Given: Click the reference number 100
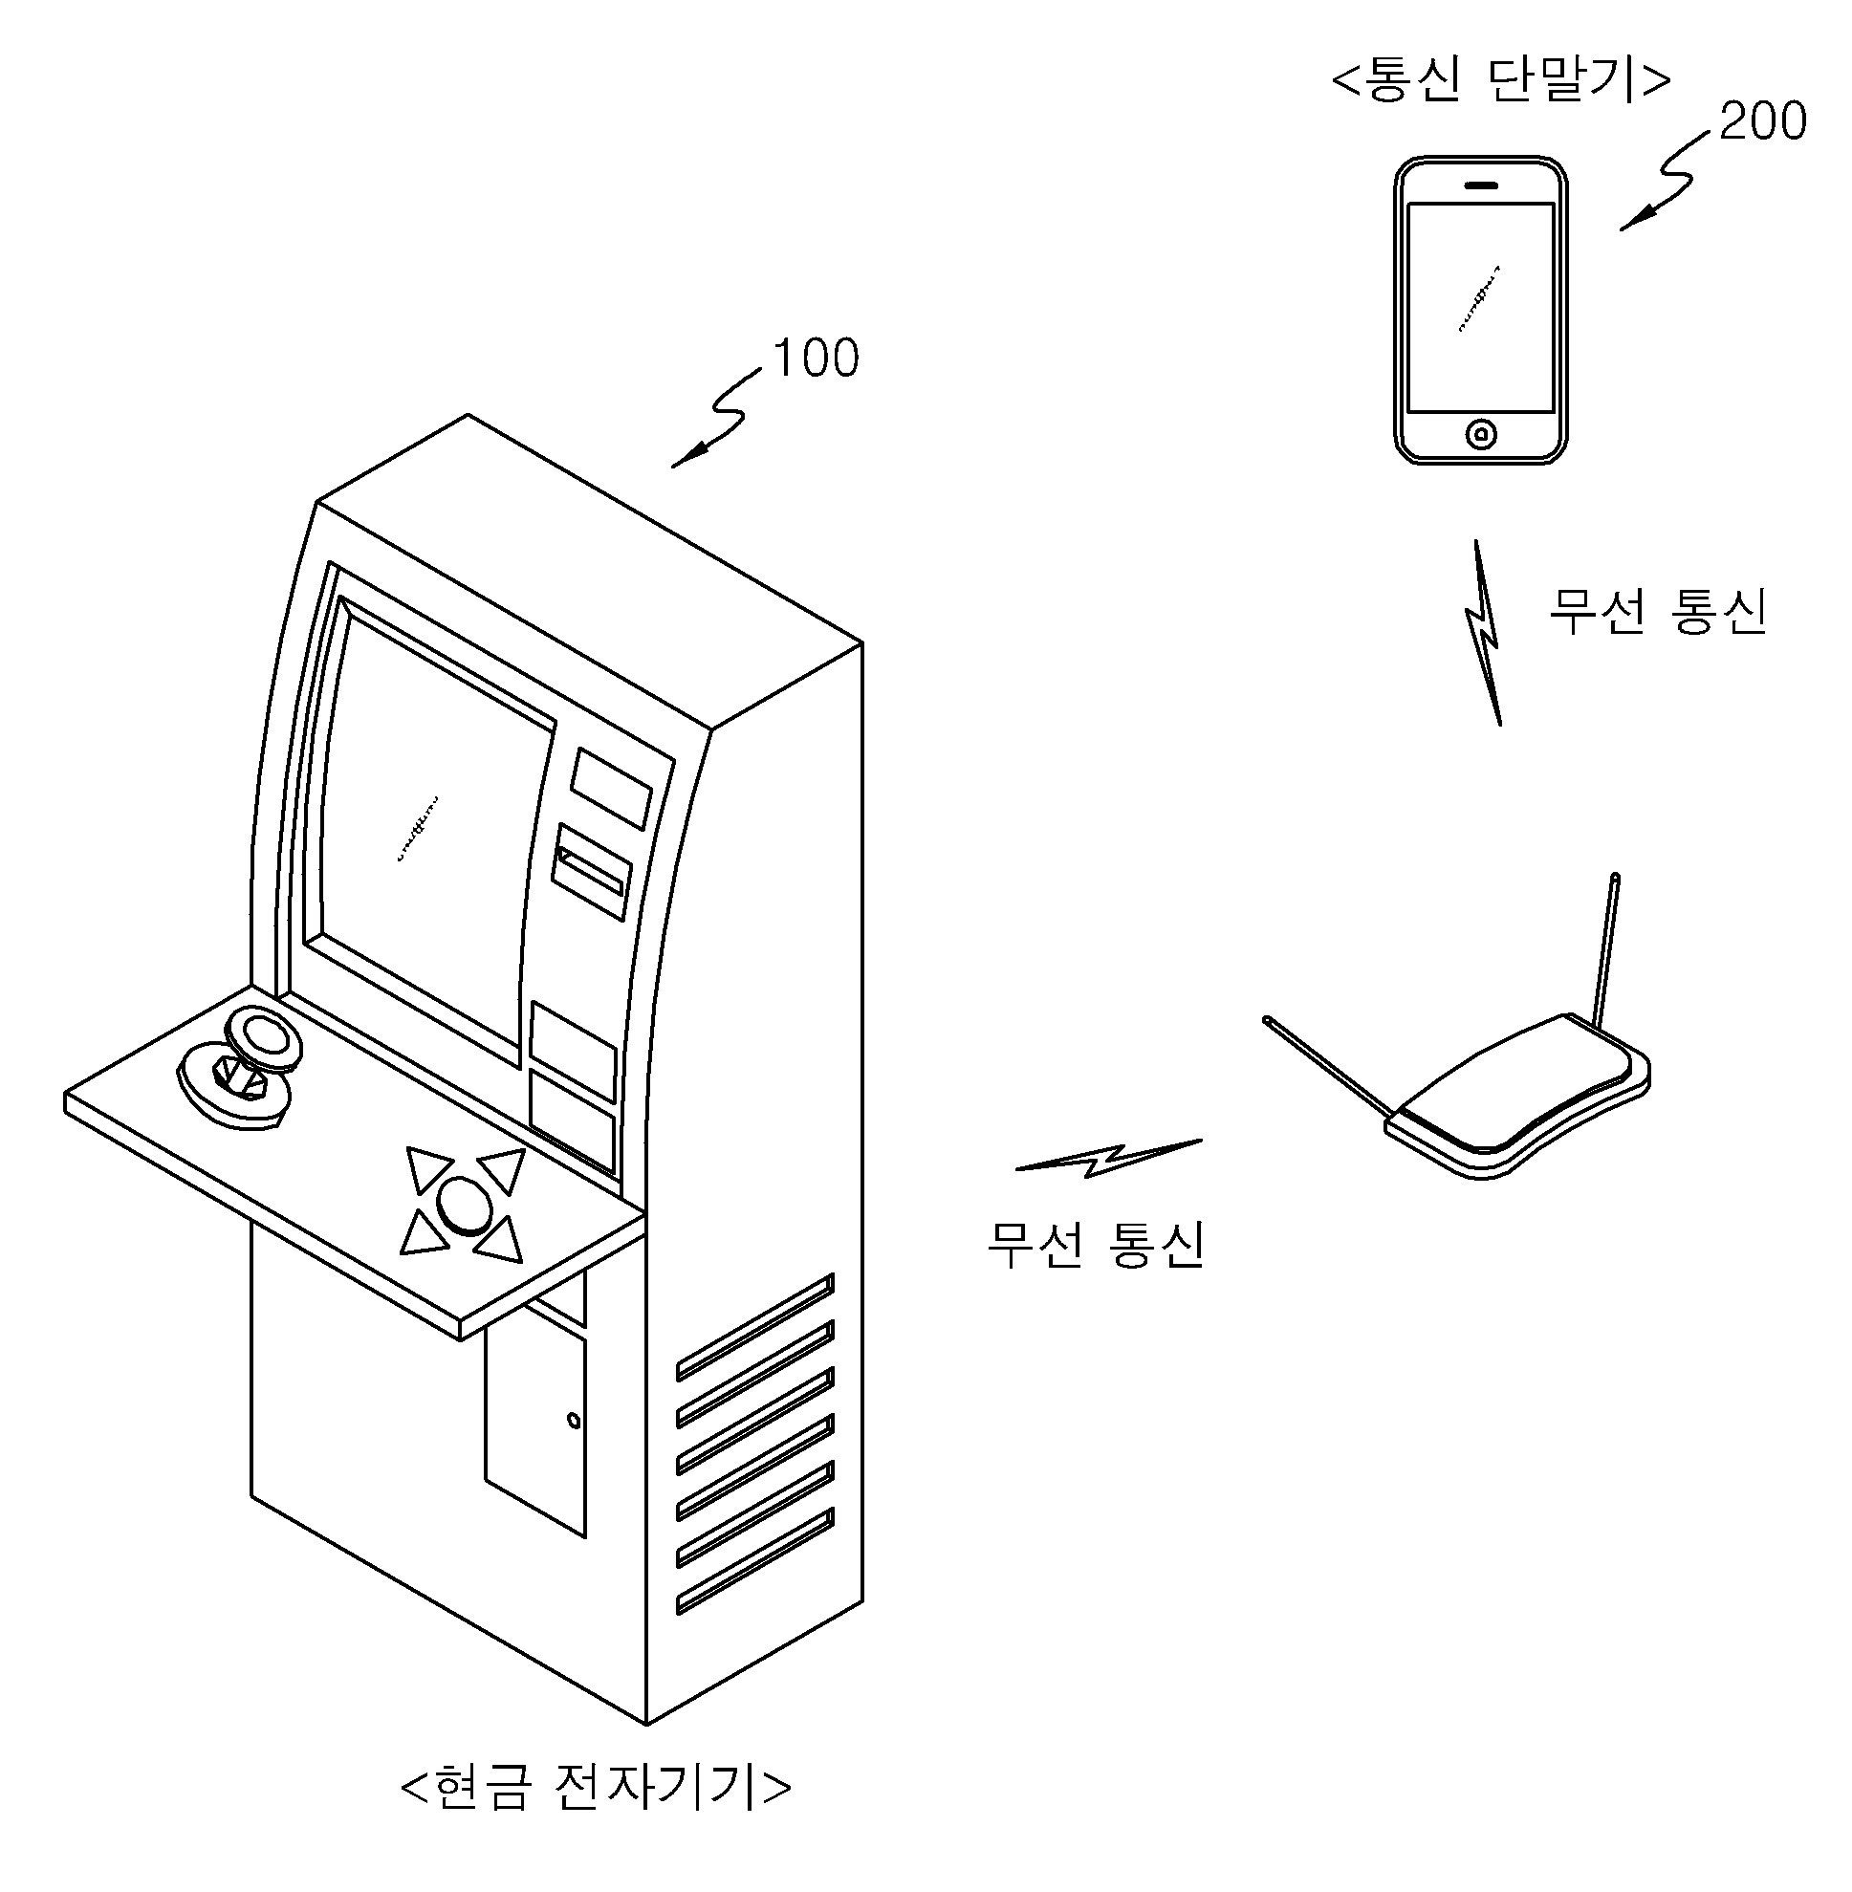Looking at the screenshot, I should pos(816,358).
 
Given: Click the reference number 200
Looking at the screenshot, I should pos(1761,121).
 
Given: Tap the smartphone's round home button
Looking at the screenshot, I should pos(1480,434).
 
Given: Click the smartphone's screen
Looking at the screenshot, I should pos(1480,307).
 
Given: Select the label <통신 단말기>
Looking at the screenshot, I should pos(1501,80).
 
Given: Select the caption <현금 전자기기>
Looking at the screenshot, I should pos(596,1786).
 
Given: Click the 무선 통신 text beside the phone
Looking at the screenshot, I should pos(1658,612).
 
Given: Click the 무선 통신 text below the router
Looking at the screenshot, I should pos(1097,1244).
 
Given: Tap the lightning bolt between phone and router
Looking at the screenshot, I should pos(1484,632).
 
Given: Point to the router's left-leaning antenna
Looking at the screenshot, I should pos(1328,1064).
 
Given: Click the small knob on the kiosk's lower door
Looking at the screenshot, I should pos(574,1422).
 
